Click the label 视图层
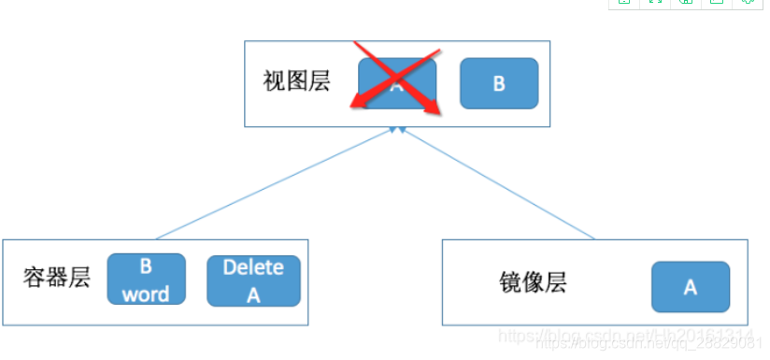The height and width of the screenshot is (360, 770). coord(296,82)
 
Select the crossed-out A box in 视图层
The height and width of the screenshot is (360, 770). coord(397,82)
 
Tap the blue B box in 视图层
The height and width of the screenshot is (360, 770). coord(499,83)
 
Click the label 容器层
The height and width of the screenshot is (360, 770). coord(56,278)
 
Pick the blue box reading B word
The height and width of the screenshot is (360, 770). coord(146,280)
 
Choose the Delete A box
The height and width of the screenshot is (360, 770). coord(253,281)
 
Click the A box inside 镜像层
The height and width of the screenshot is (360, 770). coord(690,287)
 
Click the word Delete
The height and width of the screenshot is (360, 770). coord(253,267)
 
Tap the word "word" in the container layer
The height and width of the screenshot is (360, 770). coord(146,294)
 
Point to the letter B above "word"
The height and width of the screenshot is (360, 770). coord(146,266)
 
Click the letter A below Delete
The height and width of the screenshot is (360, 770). coord(253,295)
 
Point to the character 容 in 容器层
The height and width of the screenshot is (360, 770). coord(35,278)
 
